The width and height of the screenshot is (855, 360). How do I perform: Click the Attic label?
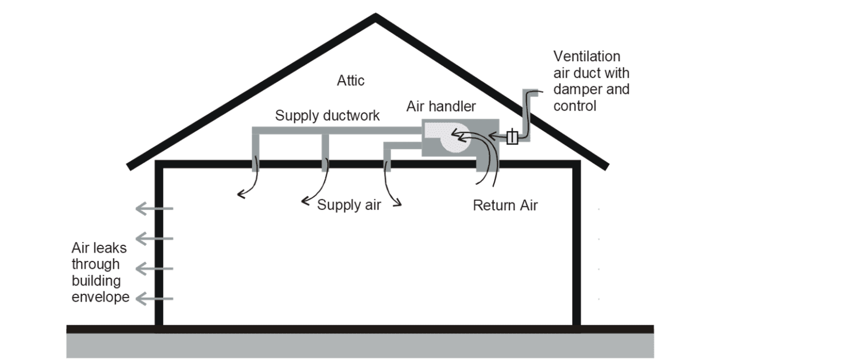(x=351, y=80)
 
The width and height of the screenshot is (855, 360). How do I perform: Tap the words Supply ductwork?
(x=327, y=116)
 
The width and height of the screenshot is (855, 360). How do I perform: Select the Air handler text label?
(x=441, y=106)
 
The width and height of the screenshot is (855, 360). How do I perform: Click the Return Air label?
(x=505, y=205)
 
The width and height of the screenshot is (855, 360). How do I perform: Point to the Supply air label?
(x=349, y=205)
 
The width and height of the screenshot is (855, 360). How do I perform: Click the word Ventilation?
(x=587, y=57)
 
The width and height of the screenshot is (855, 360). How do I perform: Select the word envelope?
(x=100, y=297)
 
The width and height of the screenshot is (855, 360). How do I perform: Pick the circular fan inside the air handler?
(x=455, y=139)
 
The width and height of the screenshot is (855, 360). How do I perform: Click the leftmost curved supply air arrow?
(x=248, y=184)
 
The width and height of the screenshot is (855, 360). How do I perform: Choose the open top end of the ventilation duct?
(x=535, y=92)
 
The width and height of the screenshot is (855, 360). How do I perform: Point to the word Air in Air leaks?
(x=82, y=248)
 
